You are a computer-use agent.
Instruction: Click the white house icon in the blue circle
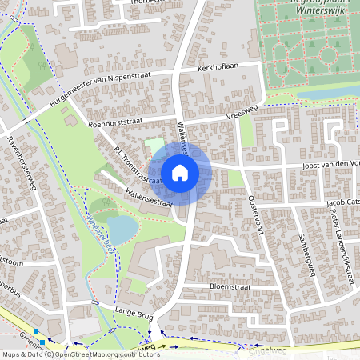[180, 173]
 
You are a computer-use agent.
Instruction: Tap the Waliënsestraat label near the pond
[150, 198]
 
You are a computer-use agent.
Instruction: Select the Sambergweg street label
[305, 251]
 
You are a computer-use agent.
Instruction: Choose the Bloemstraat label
[210, 284]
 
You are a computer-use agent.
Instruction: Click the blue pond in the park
[122, 230]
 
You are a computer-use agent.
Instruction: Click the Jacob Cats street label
[344, 202]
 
